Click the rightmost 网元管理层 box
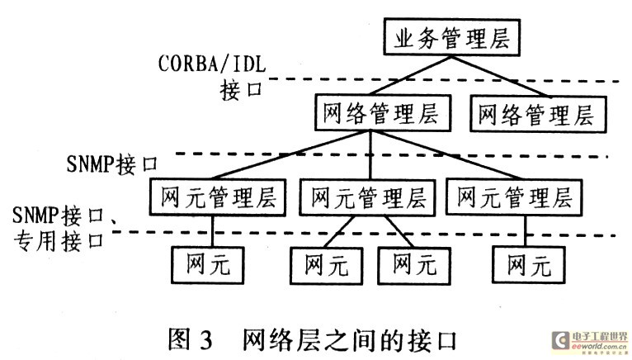click(x=513, y=198)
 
